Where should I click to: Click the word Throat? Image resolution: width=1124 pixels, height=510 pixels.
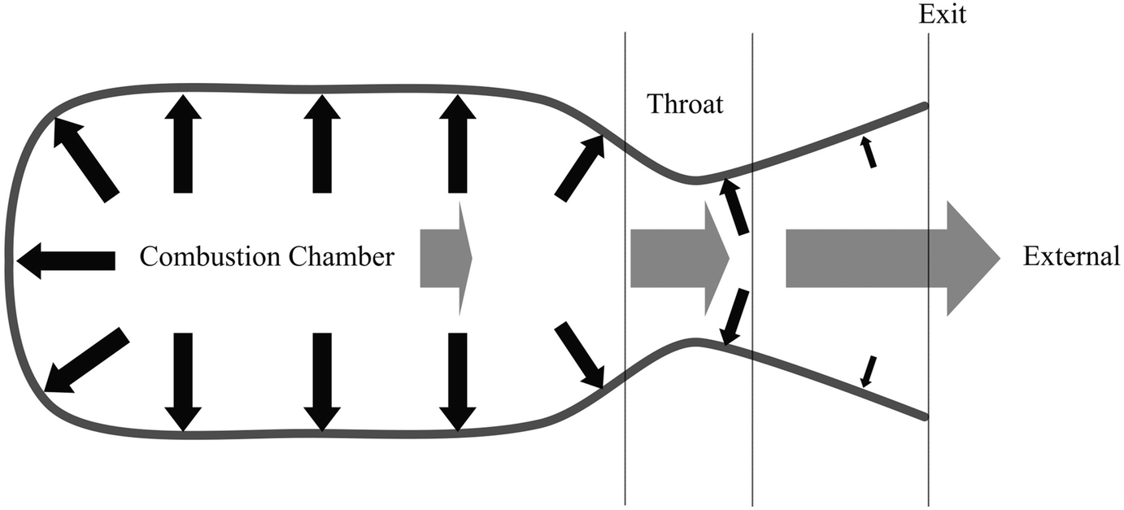click(x=685, y=104)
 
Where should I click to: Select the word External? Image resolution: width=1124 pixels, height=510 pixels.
click(x=1071, y=257)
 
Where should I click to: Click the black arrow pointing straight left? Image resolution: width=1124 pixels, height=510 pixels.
click(x=65, y=260)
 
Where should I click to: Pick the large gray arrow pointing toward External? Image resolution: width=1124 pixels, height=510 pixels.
click(x=891, y=259)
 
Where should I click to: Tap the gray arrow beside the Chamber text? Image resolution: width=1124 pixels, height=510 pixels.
click(x=445, y=259)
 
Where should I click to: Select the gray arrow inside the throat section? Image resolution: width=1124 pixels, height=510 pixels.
click(x=679, y=259)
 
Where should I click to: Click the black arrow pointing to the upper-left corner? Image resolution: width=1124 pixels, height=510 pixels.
click(x=85, y=159)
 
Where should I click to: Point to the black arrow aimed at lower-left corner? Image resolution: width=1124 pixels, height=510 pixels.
click(x=86, y=360)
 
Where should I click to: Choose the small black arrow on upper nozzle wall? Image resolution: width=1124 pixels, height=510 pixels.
click(x=869, y=152)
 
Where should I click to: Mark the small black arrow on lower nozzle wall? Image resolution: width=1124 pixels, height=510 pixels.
click(x=869, y=370)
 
